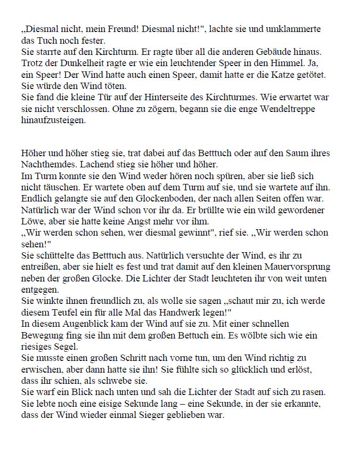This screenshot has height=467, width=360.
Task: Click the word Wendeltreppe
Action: (x=290, y=111)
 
